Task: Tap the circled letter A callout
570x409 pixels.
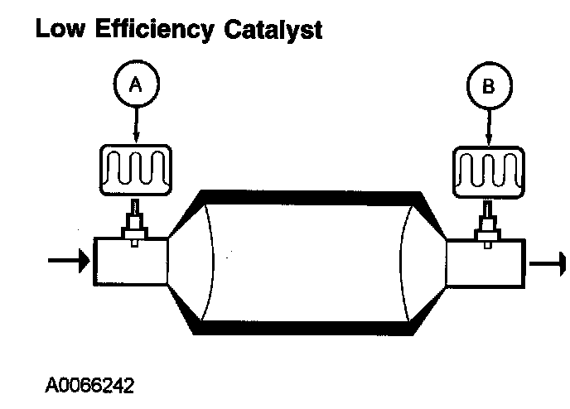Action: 137,84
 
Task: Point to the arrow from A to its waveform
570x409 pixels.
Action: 136,124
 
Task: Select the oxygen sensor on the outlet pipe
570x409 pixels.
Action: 488,224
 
